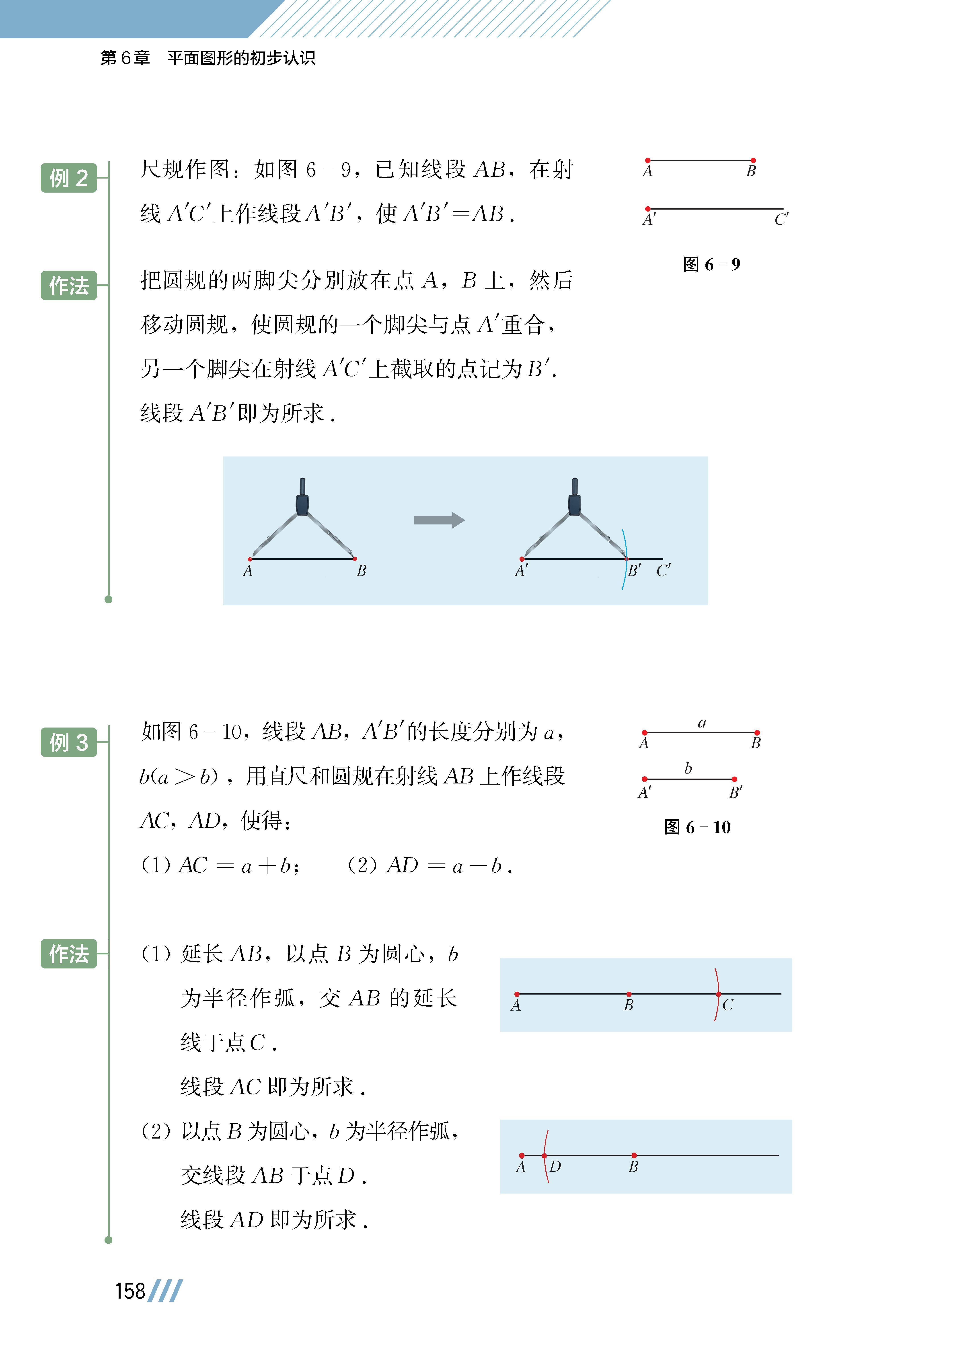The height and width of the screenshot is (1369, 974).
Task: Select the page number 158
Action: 130,1291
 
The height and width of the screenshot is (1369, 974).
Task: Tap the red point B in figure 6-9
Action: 753,160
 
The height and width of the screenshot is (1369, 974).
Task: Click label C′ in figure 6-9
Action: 781,220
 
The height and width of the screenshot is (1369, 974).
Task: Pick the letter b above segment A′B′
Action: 688,768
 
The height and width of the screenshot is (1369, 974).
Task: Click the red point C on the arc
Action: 719,994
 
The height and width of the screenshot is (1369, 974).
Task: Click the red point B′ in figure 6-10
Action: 735,779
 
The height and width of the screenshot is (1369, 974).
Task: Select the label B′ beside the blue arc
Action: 634,571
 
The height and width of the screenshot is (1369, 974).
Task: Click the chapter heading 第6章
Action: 125,58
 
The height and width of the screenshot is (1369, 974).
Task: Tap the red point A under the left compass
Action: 250,559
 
